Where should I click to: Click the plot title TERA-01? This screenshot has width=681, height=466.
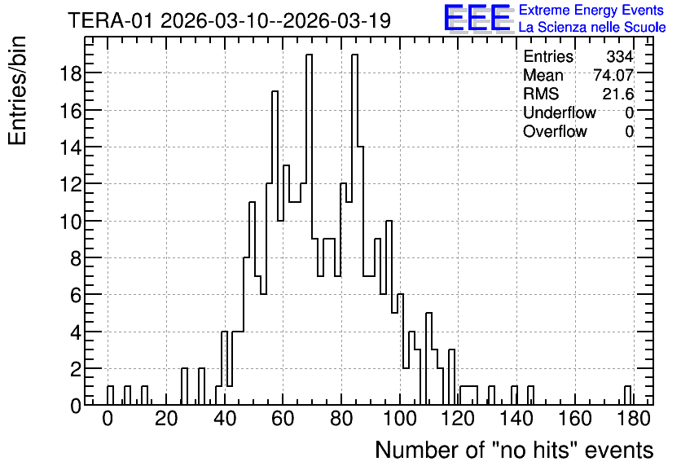pyautogui.click(x=110, y=20)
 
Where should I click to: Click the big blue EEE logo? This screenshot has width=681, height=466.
pyautogui.click(x=477, y=18)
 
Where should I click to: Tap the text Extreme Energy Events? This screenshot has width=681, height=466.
pyautogui.click(x=591, y=10)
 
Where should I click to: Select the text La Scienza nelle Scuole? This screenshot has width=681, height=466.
pyautogui.click(x=592, y=28)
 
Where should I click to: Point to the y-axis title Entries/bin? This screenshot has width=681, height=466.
pyautogui.click(x=18, y=90)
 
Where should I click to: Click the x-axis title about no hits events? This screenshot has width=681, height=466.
pyautogui.click(x=514, y=450)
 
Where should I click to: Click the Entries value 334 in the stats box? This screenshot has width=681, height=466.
pyautogui.click(x=620, y=56)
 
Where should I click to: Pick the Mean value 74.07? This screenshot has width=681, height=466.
pyautogui.click(x=613, y=75)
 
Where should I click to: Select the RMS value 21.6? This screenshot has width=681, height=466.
pyautogui.click(x=618, y=94)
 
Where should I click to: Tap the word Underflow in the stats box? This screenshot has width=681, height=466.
pyautogui.click(x=560, y=112)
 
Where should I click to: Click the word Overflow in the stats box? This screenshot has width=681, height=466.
pyautogui.click(x=555, y=131)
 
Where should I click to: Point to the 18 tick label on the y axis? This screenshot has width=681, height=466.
pyautogui.click(x=70, y=73)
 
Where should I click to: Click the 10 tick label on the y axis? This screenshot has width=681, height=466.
pyautogui.click(x=70, y=221)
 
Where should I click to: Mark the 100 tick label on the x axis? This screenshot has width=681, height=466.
pyautogui.click(x=400, y=419)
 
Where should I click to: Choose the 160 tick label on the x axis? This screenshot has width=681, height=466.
pyautogui.click(x=575, y=419)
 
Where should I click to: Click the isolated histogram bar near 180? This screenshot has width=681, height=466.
pyautogui.click(x=627, y=395)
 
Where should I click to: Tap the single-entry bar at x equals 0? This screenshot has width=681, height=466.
pyautogui.click(x=110, y=395)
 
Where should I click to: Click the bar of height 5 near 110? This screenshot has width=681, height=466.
pyautogui.click(x=428, y=358)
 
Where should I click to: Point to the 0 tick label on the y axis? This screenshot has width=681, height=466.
pyautogui.click(x=76, y=406)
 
